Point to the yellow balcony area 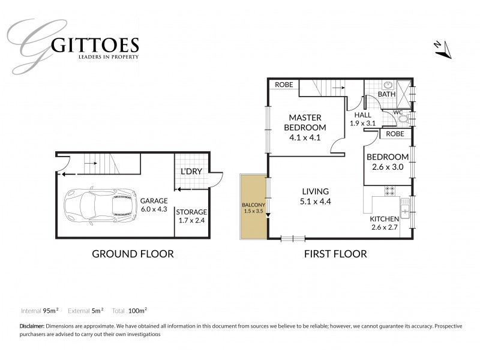click(253, 206)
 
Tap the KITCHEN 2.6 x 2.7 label click(384, 223)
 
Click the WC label click(398, 112)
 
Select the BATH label click(386, 95)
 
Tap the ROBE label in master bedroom click(284, 85)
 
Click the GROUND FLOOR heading click(133, 254)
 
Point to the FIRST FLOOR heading click(335, 254)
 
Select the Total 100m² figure click(130, 311)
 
